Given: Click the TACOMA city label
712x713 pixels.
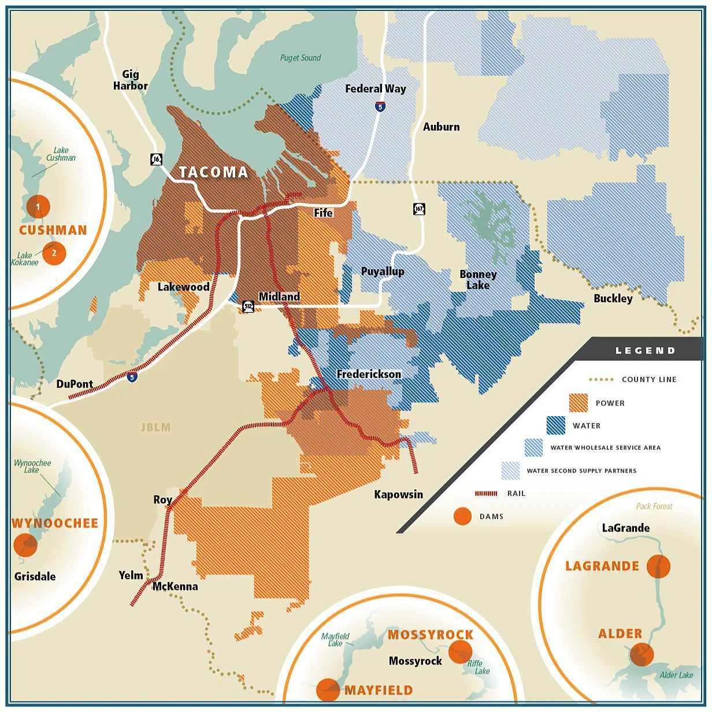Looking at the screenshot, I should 213,172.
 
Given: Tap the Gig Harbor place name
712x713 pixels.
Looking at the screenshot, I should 131,80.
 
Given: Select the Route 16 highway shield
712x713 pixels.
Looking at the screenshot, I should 156,159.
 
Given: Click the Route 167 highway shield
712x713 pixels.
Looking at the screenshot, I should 419,209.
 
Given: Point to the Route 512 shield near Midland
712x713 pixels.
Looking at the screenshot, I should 249,306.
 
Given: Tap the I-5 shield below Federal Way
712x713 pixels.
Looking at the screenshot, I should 380,106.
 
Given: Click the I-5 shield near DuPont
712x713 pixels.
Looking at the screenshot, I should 132,377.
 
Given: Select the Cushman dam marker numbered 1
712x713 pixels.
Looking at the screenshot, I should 38,206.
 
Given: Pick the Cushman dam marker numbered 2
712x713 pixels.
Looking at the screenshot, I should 54,252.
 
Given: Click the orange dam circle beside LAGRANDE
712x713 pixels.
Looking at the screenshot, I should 658,566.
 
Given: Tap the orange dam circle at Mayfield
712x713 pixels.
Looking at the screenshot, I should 328,690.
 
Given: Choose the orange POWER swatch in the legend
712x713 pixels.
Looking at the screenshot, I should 578,403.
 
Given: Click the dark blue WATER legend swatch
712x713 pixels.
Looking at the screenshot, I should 556,425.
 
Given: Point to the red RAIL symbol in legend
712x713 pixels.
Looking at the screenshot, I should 486,493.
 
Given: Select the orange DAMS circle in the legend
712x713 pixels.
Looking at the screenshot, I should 462,516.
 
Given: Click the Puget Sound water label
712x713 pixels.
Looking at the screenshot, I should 300,58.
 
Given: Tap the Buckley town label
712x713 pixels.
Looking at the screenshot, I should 613,298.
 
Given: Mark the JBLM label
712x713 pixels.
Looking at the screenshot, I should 156,428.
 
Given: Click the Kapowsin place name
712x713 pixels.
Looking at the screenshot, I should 398,495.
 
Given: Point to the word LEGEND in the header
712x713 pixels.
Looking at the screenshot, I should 645,351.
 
